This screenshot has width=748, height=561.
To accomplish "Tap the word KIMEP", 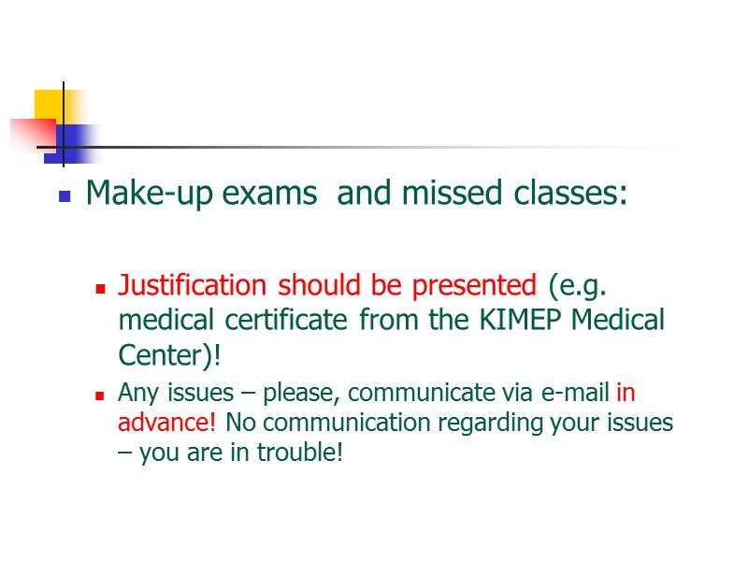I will (x=519, y=320).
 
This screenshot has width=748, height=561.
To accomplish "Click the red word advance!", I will (x=167, y=423).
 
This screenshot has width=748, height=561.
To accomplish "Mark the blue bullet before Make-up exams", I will (x=65, y=196).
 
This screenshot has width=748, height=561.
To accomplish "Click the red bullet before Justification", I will (x=99, y=287).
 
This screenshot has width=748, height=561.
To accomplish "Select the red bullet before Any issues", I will (x=99, y=396).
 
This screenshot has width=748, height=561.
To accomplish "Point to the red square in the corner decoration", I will (x=33, y=134).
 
